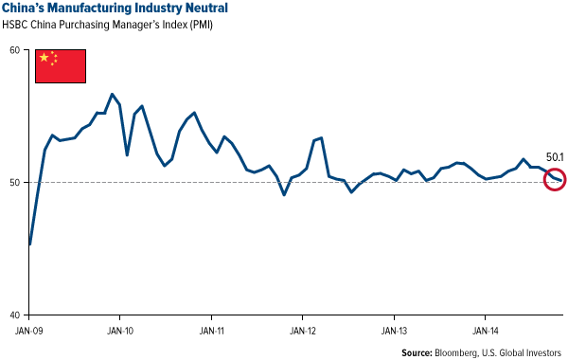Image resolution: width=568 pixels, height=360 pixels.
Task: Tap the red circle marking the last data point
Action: [555, 179]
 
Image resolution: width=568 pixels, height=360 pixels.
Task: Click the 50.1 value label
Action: [554, 158]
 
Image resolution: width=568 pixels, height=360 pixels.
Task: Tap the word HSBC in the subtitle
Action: [24, 27]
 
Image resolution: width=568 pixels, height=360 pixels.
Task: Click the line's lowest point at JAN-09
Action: [30, 244]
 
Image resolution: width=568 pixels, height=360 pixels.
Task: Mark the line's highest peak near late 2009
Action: [113, 94]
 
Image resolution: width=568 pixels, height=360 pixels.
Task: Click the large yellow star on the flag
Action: [44, 59]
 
